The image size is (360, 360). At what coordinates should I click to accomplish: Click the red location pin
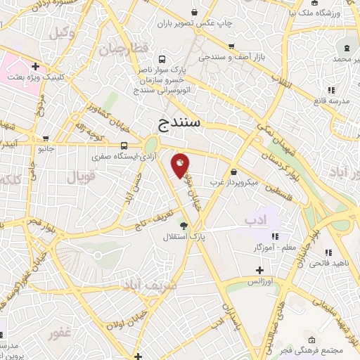pyautogui.click(x=181, y=165)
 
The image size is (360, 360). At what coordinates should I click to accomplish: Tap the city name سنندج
pyautogui.click(x=180, y=124)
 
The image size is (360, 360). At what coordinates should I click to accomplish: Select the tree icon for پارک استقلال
pyautogui.click(x=184, y=225)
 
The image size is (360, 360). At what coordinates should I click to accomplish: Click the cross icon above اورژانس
pyautogui.click(x=259, y=270)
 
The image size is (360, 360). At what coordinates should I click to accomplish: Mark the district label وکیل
pyautogui.click(x=60, y=32)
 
